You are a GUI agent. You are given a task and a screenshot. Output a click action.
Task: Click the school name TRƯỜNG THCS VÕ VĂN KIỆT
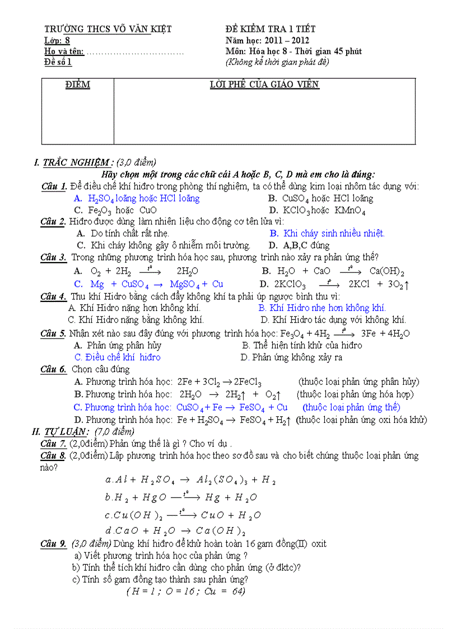[108, 29]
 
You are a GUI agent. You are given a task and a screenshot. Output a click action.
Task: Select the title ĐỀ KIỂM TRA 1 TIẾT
[271, 29]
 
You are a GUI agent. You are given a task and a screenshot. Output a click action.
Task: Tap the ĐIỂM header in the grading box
[77, 85]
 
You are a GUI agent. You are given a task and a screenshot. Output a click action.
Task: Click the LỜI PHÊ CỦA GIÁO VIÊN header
[264, 85]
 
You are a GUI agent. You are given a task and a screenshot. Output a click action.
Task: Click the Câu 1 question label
[54, 187]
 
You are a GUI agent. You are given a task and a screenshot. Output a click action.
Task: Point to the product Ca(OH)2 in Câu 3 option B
[386, 272]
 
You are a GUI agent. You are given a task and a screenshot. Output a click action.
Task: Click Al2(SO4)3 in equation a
[220, 480]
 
